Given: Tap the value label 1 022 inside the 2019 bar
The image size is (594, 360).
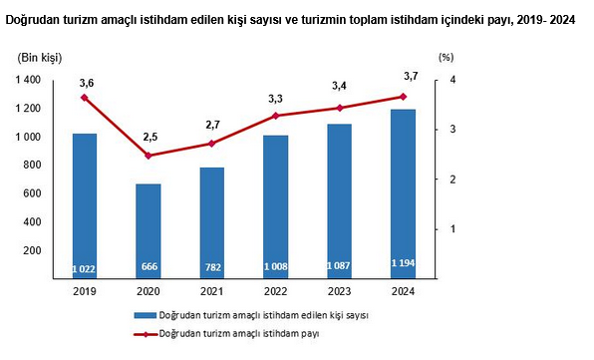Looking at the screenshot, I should (x=85, y=269).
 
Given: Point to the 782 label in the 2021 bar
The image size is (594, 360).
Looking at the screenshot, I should (x=211, y=269).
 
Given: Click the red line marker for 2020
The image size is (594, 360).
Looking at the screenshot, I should (x=148, y=156).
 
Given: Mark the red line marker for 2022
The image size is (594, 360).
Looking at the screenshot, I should (x=275, y=116).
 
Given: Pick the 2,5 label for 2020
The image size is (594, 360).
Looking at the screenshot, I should (x=148, y=137).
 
